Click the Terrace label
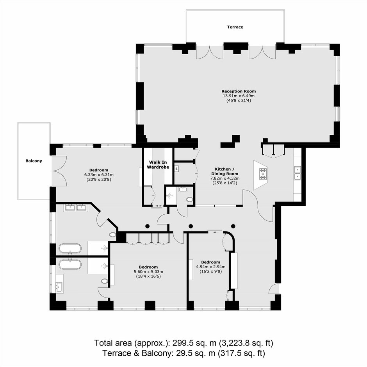[235, 27]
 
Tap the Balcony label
[34, 161]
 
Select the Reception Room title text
[239, 91]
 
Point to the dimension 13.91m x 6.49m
[239, 96]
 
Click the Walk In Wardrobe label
[158, 164]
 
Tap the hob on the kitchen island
[263, 174]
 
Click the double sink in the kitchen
[297, 173]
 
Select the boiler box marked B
[176, 169]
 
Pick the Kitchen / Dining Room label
[225, 171]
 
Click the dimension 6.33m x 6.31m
[99, 175]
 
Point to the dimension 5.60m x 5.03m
[148, 272]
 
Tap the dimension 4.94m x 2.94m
[211, 267]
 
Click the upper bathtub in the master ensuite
[70, 249]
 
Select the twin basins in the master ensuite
[76, 207]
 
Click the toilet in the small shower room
[190, 200]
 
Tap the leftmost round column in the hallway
[147, 226]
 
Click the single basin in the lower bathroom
[59, 287]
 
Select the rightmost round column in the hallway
[233, 226]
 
